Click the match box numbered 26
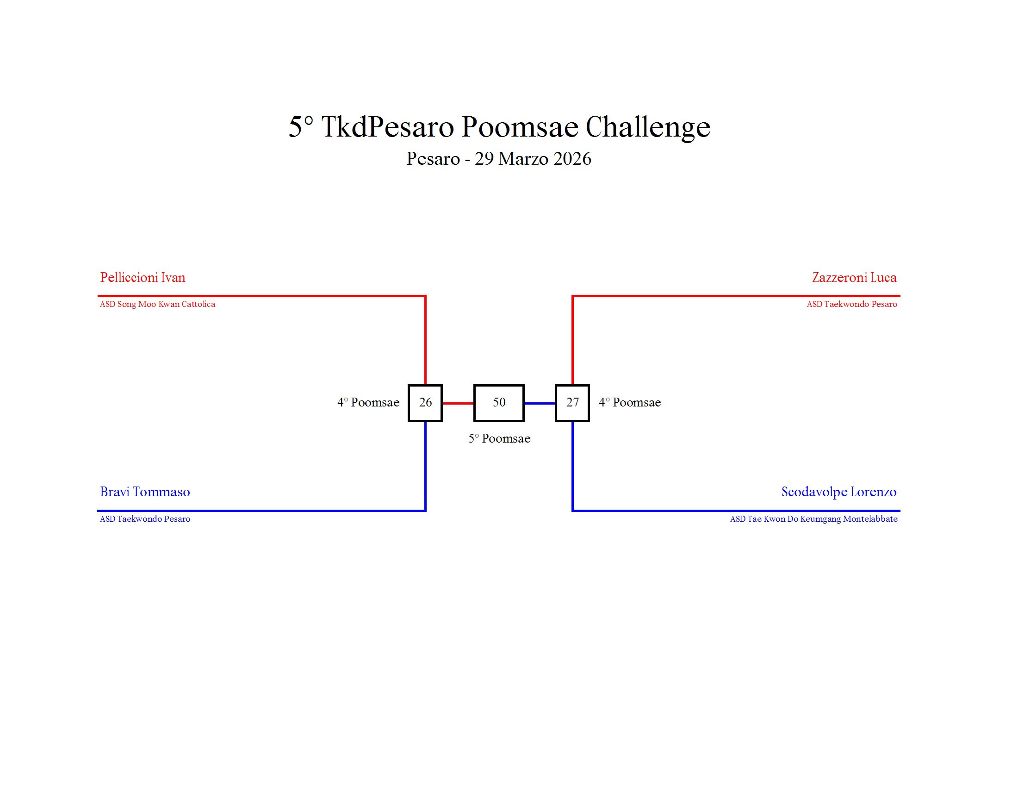[x=425, y=403]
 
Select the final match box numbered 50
[x=499, y=403]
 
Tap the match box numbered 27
[x=572, y=403]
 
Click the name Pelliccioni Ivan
[x=143, y=278]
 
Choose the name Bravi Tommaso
[x=145, y=492]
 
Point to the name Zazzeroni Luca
[x=854, y=278]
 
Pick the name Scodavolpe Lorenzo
[x=838, y=492]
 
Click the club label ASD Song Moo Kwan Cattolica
[x=157, y=305]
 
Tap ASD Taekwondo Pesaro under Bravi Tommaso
[x=145, y=519]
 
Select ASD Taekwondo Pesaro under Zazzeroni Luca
[x=851, y=305]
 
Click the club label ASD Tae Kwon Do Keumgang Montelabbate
[x=813, y=519]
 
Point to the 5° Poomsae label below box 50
[x=499, y=439]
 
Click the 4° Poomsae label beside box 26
[x=368, y=403]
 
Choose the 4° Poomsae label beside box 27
[x=630, y=403]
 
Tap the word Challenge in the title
[x=647, y=127]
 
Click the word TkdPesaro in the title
[x=387, y=127]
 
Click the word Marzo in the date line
[x=523, y=159]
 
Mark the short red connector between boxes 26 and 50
[x=458, y=403]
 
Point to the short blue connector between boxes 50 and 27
[x=540, y=403]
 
